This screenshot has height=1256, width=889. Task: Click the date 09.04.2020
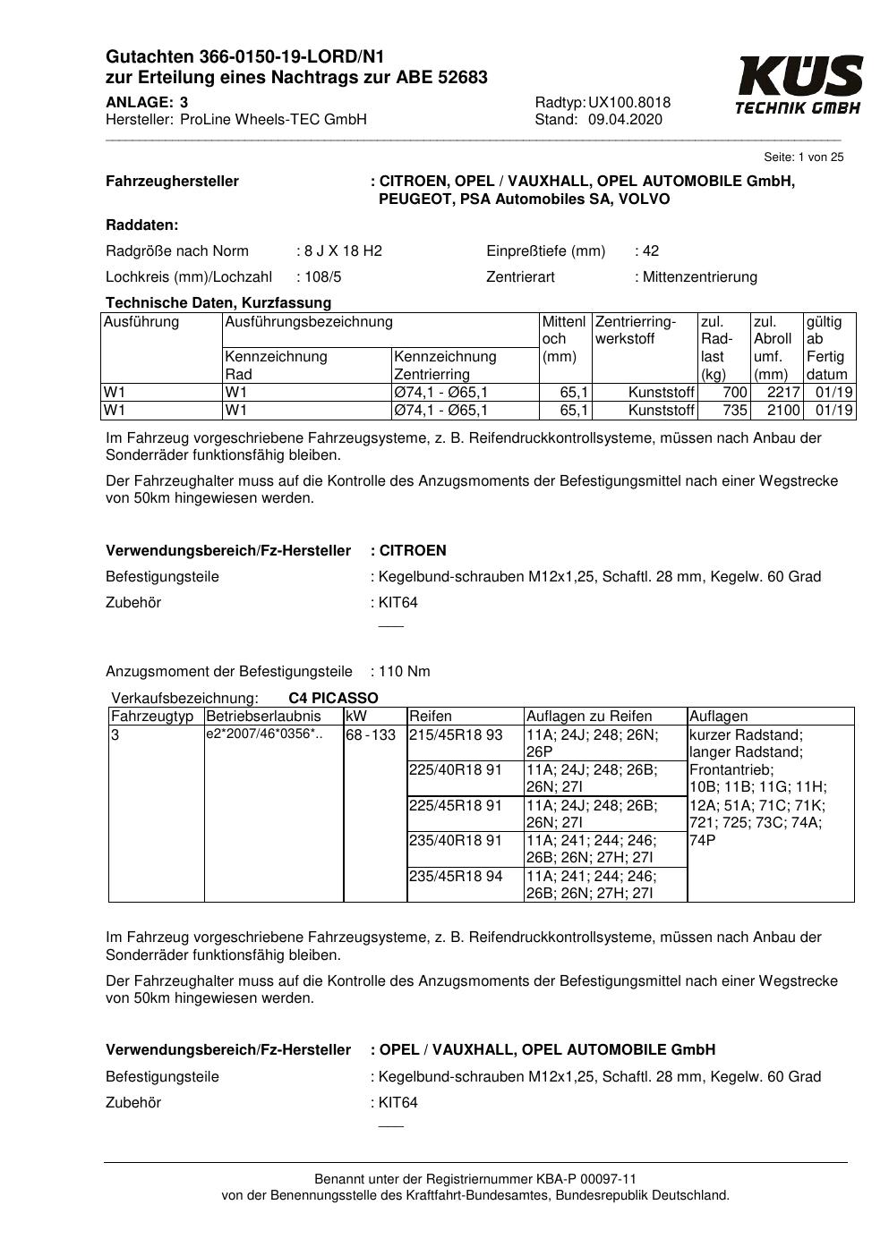pos(625,120)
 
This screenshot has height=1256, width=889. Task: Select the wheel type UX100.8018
pos(629,102)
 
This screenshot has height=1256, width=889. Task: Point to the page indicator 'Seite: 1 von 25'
pos(803,157)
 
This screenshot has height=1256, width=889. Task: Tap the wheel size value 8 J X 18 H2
pos(344,250)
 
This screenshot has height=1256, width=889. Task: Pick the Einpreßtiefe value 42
pos(650,250)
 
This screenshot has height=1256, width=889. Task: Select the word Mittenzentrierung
pos(699,276)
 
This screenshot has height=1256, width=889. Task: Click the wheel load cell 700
pos(734,393)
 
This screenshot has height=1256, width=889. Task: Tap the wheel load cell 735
pos(734,411)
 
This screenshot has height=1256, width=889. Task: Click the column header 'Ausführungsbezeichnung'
pos(309,321)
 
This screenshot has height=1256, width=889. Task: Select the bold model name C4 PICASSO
pos(333,698)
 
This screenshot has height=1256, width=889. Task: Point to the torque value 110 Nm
pos(405,671)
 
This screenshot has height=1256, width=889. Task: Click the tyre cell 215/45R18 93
pos(456,735)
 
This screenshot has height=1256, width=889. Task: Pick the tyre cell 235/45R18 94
pos(456,877)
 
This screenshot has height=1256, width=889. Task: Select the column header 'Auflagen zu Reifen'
pos(589,716)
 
